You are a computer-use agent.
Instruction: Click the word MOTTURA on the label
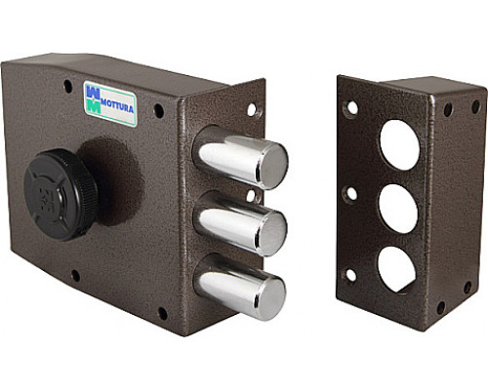coord(117,105)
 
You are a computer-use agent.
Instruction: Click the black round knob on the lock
coord(61,195)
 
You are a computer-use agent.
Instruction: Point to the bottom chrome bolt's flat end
coord(269,298)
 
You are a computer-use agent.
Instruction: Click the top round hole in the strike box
coord(400,145)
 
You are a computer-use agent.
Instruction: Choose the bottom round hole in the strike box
coord(396,269)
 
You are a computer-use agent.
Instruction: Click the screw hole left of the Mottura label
coord(67,86)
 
